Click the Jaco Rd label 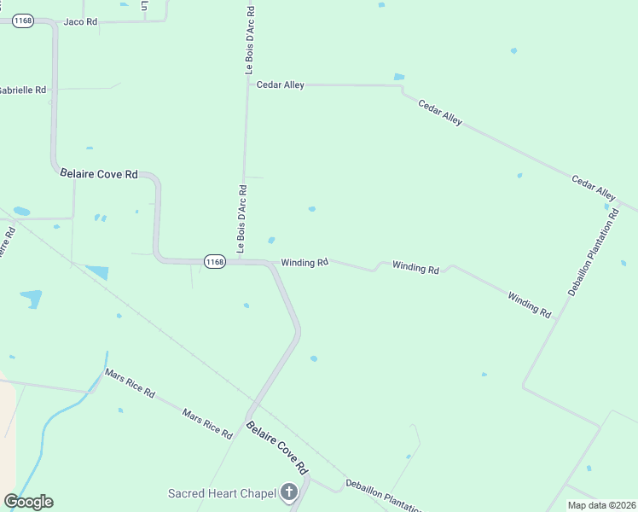(x=80, y=21)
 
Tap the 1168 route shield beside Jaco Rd (x=23, y=21)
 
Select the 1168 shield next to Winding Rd (x=214, y=262)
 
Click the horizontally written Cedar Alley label (x=281, y=84)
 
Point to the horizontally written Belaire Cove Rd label (x=99, y=173)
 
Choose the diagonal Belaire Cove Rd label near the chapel (x=276, y=447)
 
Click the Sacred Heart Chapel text (x=222, y=493)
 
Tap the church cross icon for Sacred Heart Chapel (x=289, y=492)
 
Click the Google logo (x=28, y=502)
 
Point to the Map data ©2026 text (x=601, y=505)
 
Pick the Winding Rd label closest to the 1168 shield (x=304, y=262)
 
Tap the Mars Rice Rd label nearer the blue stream (x=130, y=383)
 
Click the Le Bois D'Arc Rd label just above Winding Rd (x=242, y=219)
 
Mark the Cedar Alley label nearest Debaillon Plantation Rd (x=594, y=188)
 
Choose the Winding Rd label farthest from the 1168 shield (x=529, y=304)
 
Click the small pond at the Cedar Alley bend (x=398, y=78)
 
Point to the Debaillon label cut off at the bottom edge (x=383, y=497)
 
